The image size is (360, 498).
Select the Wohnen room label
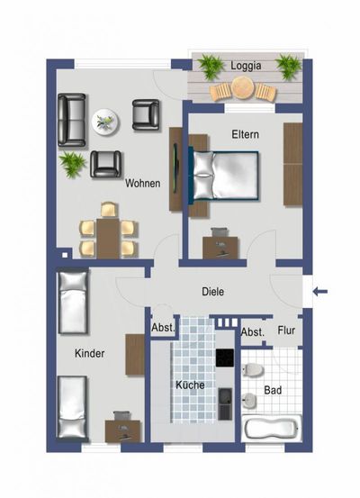[143, 183]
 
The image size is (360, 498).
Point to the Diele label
[212, 291]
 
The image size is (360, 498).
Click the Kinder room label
[90, 353]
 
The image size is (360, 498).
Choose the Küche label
[191, 385]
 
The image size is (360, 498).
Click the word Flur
[287, 330]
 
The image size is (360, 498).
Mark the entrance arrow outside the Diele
[323, 290]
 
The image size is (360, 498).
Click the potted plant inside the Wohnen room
[71, 163]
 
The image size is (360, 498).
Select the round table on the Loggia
[242, 86]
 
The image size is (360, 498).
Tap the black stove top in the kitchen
[223, 359]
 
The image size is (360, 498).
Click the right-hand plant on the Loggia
[288, 66]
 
